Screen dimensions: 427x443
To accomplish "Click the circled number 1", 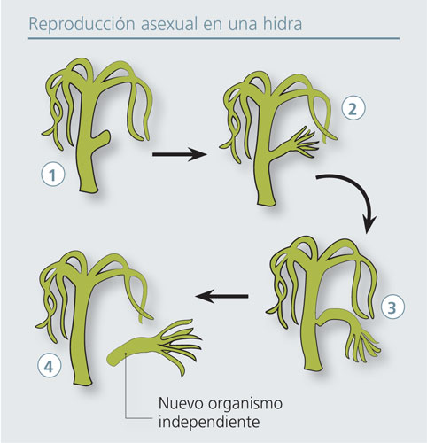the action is pyautogui.click(x=53, y=175).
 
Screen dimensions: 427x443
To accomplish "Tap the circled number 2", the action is pyautogui.click(x=353, y=109).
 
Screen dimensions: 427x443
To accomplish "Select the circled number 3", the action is pyautogui.click(x=392, y=308).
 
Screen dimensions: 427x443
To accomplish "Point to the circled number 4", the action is pyautogui.click(x=49, y=367).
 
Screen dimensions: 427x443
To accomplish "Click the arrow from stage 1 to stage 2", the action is pyautogui.click(x=179, y=154).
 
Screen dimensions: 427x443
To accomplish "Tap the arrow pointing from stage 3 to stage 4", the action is pyautogui.click(x=221, y=296).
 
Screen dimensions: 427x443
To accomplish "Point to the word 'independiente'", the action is pyautogui.click(x=209, y=422).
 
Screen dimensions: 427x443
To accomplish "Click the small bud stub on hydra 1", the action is pyautogui.click(x=101, y=137).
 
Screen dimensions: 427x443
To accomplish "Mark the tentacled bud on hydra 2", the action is pyautogui.click(x=295, y=140).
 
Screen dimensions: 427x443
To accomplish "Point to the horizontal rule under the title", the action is pyautogui.click(x=213, y=38).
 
